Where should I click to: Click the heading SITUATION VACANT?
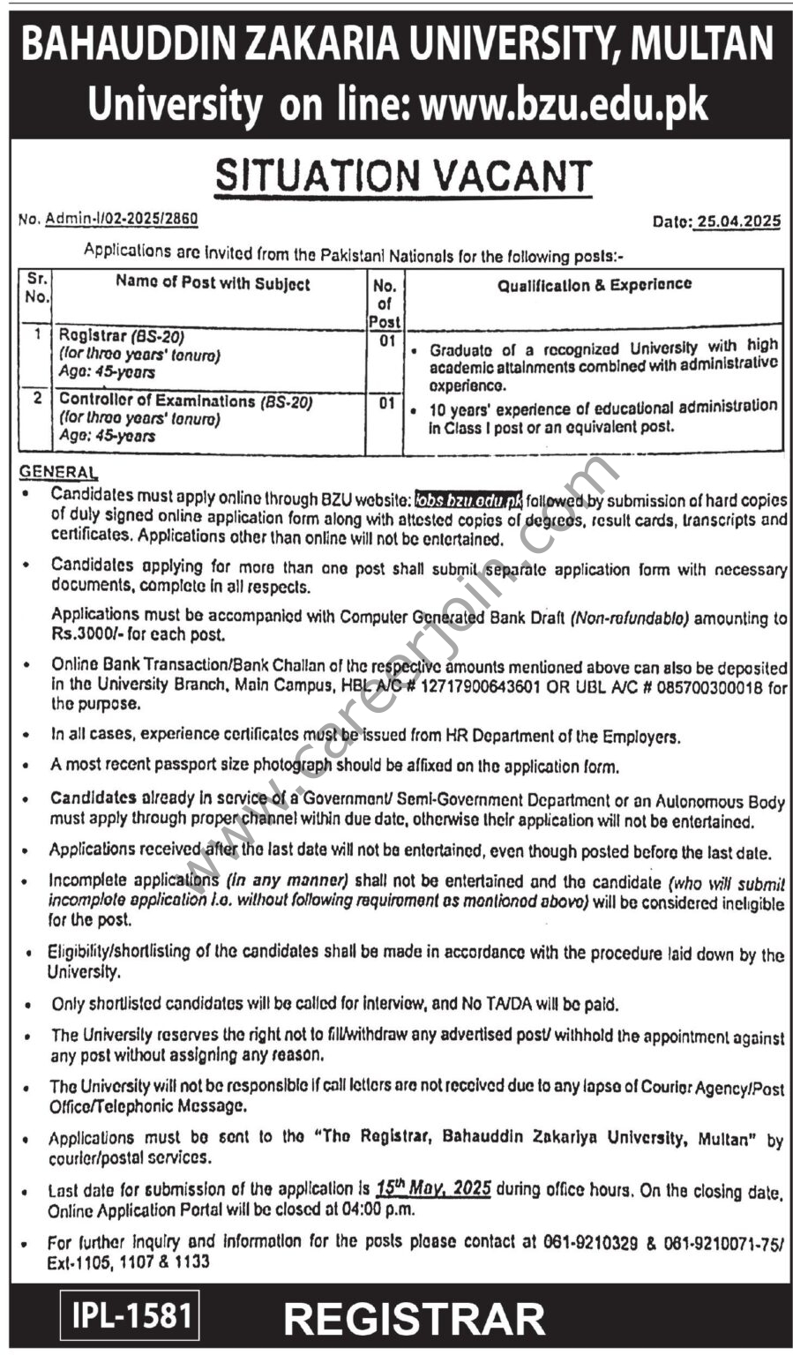(404, 175)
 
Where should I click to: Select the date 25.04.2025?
(737, 221)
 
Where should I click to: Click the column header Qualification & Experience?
(594, 285)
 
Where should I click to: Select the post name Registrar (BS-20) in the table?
(121, 336)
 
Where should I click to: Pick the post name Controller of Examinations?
(157, 401)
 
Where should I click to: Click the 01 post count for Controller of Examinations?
(386, 403)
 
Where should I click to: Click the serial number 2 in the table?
(37, 399)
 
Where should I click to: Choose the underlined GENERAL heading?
(58, 473)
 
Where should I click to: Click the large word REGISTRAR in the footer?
(415, 1320)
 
